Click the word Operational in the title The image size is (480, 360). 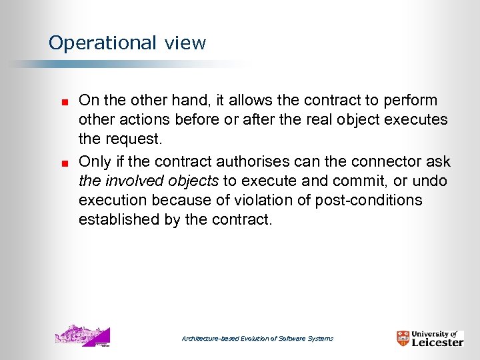coord(102,43)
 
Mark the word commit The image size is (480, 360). coord(365,181)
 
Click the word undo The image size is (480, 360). coord(431,181)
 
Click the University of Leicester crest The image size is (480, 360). coord(403,339)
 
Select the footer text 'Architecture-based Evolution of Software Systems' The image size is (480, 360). coord(257,339)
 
